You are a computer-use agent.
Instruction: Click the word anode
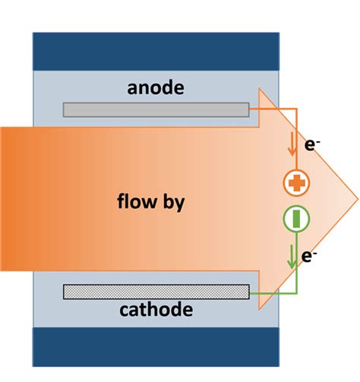coord(156,89)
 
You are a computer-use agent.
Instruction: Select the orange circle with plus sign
coord(295,183)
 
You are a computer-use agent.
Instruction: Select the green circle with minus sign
coord(295,219)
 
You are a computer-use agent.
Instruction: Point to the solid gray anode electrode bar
coord(156,109)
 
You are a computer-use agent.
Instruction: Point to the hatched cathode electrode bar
coord(156,291)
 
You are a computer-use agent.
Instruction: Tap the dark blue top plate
coord(156,50)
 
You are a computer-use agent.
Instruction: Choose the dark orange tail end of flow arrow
coord(11,200)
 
